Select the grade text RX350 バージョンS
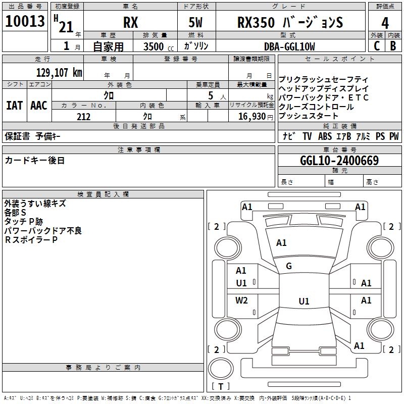[x=290, y=23]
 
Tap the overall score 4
[x=385, y=23]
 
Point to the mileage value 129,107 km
[x=59, y=72]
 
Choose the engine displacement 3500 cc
[x=155, y=46]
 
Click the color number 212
[x=83, y=117]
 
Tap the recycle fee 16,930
[x=251, y=117]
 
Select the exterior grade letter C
[x=376, y=46]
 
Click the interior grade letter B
[x=393, y=46]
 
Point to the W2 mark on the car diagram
[x=242, y=300]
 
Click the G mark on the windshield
[x=289, y=266]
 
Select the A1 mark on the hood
[x=281, y=243]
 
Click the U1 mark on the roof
[x=304, y=301]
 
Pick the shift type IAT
[x=14, y=106]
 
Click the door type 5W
[x=197, y=23]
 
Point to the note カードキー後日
[x=35, y=161]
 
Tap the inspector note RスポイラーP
[x=31, y=240]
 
